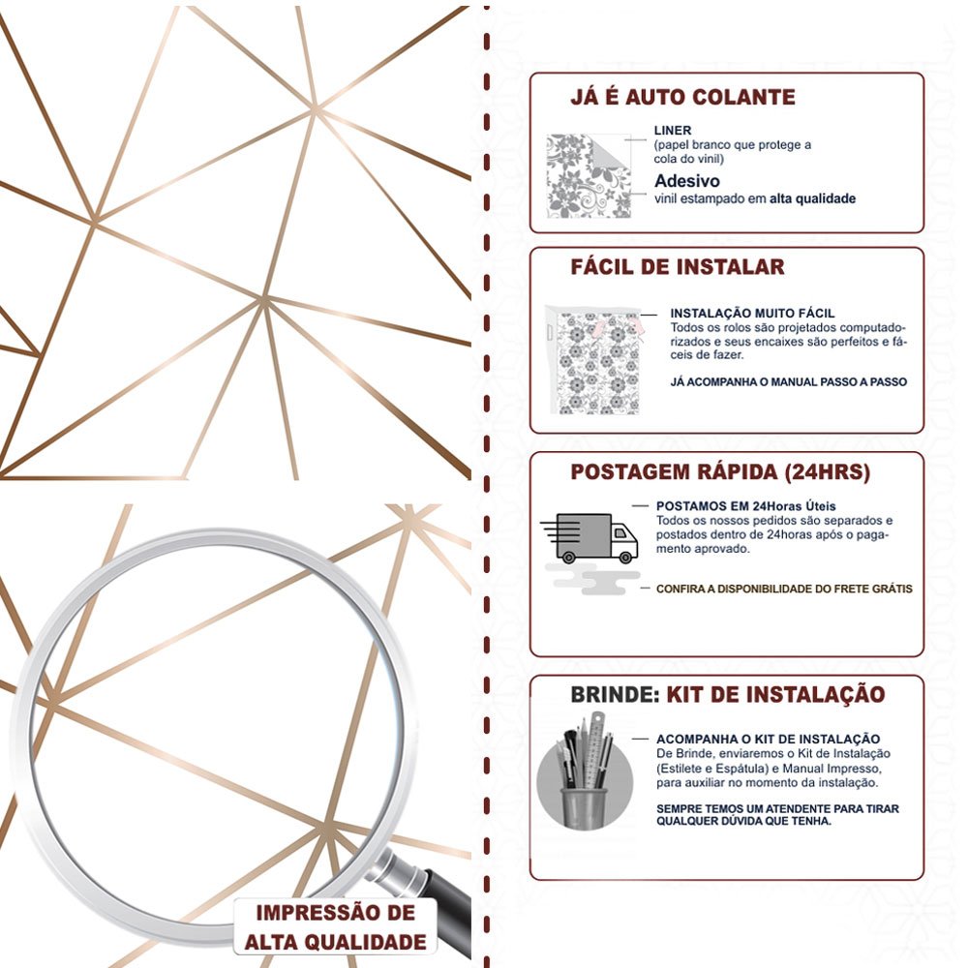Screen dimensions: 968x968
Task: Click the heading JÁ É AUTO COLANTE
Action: (682, 97)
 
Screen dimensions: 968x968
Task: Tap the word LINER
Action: (673, 131)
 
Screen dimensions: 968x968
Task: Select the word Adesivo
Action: (687, 181)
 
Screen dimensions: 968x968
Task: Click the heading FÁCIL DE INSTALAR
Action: (678, 267)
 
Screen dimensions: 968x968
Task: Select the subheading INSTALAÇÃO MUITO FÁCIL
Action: (752, 313)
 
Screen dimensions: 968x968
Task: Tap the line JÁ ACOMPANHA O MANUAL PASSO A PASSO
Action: (788, 382)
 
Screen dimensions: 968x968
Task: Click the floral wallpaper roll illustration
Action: (595, 360)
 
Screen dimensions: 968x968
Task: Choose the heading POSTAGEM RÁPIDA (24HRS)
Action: (720, 472)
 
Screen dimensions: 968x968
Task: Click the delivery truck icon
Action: (590, 537)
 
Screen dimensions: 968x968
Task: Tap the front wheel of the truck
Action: (625, 558)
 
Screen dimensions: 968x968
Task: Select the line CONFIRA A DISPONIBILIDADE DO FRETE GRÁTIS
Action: (784, 589)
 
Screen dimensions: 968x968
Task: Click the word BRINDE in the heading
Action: (615, 694)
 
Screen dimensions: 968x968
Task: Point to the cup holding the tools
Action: (584, 807)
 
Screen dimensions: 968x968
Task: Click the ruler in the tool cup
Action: (595, 749)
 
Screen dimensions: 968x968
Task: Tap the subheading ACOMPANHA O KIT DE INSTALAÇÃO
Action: (768, 739)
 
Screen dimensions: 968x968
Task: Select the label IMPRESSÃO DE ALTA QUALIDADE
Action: (335, 927)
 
